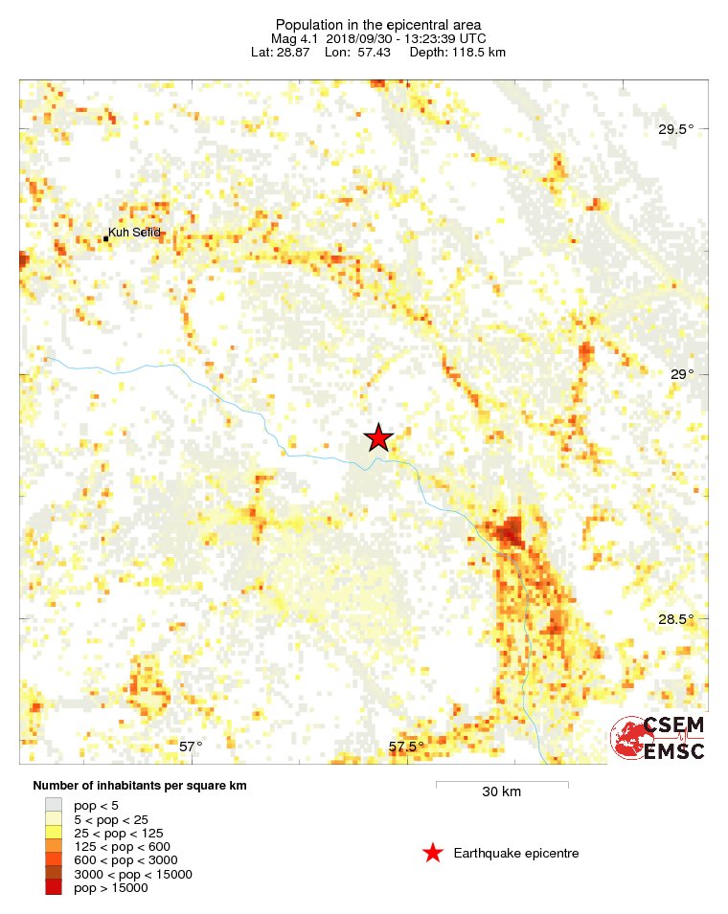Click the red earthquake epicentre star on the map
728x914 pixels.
click(378, 437)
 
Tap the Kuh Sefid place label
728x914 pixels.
click(135, 233)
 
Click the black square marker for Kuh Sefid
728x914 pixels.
click(105, 238)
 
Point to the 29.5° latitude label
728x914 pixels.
click(672, 129)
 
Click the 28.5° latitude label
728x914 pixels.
click(672, 618)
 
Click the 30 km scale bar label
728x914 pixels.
click(502, 792)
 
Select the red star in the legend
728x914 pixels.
click(433, 853)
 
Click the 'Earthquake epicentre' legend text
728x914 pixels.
click(516, 854)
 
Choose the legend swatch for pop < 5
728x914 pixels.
click(54, 806)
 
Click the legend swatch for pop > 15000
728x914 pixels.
click(54, 888)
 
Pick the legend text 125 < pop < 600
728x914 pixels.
click(122, 847)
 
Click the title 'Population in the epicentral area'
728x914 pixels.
click(377, 25)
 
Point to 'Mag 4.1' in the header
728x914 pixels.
click(295, 38)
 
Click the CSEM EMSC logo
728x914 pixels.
click(659, 738)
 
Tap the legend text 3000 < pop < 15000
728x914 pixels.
click(133, 875)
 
